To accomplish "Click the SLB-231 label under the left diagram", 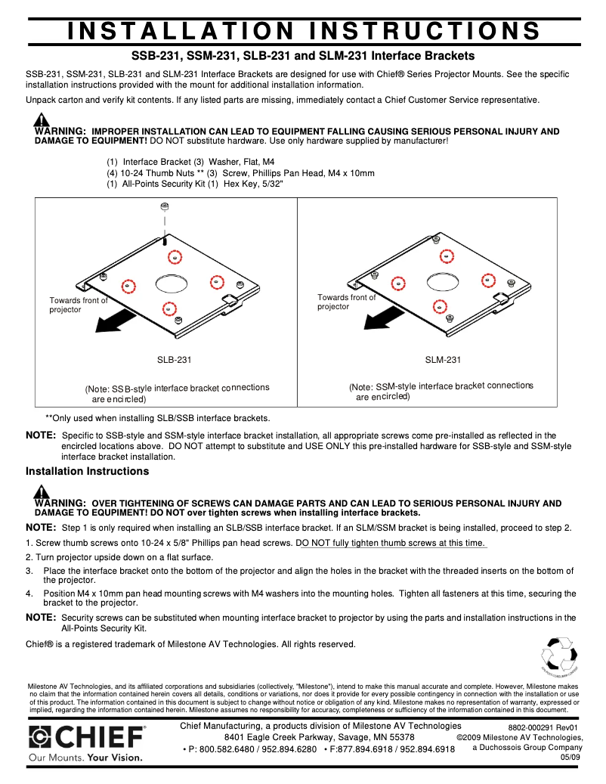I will click(174, 360).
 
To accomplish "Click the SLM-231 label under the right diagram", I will click(443, 360).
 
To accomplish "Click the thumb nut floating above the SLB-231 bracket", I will click(165, 206).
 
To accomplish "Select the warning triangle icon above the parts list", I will click(42, 120).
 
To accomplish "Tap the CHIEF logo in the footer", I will click(86, 738).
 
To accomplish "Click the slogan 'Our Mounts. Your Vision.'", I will click(85, 757).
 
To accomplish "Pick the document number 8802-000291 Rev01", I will click(542, 727).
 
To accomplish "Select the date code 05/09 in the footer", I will click(570, 757).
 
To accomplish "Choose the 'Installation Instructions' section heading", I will click(87, 471).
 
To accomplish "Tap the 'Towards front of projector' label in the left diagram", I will click(78, 305).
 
